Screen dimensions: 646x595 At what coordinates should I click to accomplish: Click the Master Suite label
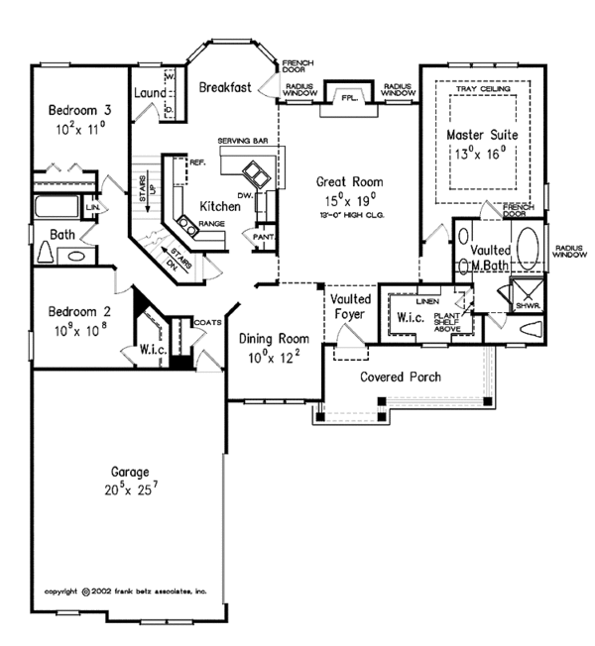click(482, 134)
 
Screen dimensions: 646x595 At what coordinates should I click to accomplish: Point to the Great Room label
click(344, 181)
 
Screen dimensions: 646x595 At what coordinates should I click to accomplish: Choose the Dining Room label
click(275, 340)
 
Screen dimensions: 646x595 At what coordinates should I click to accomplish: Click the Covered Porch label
click(401, 377)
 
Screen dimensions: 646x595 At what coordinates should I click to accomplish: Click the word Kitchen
click(219, 206)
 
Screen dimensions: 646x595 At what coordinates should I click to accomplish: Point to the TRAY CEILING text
click(482, 89)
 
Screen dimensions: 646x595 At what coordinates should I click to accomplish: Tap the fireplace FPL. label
click(348, 99)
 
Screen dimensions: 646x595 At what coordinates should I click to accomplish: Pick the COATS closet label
click(209, 322)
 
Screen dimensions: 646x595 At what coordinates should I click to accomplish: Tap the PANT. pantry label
click(263, 238)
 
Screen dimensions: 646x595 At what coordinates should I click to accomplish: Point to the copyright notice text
click(125, 591)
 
